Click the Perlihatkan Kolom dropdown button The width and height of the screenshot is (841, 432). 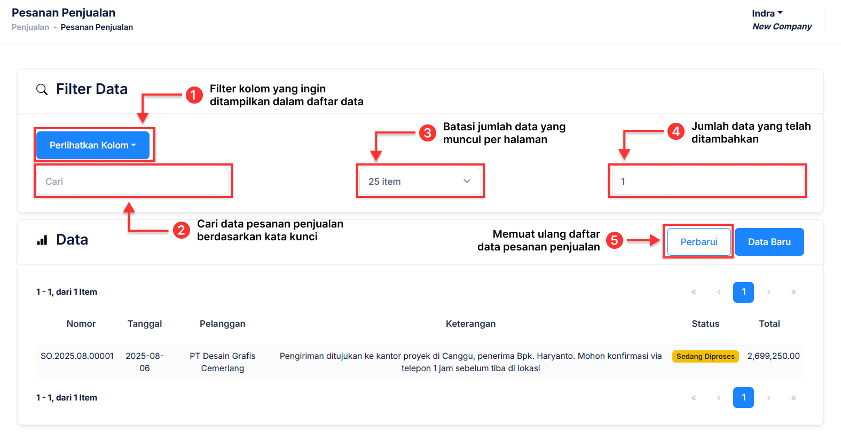[x=92, y=145]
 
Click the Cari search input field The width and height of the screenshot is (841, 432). [x=132, y=182]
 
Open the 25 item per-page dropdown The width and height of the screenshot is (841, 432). [x=420, y=182]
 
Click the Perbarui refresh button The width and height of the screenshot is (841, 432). [x=698, y=242]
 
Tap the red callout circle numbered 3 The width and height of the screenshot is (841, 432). [x=427, y=133]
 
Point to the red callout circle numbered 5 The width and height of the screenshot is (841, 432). [x=614, y=240]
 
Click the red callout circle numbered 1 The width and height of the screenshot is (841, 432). [x=194, y=96]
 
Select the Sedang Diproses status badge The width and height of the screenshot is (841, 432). [x=705, y=357]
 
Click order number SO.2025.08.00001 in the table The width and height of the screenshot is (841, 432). [x=77, y=356]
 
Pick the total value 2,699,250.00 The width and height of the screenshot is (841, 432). [x=773, y=356]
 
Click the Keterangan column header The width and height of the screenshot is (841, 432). [x=470, y=324]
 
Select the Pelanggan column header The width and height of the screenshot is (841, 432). [x=222, y=324]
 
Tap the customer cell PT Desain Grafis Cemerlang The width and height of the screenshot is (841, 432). [x=222, y=362]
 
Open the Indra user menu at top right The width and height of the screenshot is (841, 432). [x=767, y=13]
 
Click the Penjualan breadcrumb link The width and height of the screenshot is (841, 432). [x=30, y=27]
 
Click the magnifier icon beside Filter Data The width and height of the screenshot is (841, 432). [x=42, y=89]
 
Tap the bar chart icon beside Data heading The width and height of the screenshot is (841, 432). [x=42, y=240]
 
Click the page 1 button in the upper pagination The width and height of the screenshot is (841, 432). [x=743, y=292]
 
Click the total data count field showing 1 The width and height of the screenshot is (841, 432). [x=707, y=182]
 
